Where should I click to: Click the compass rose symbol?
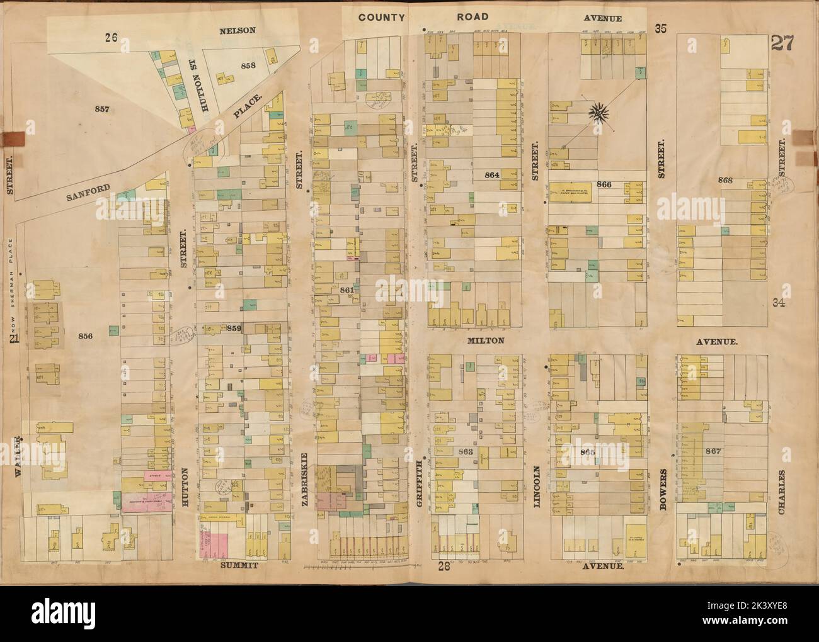(598, 113)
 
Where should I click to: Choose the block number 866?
(621, 185)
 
